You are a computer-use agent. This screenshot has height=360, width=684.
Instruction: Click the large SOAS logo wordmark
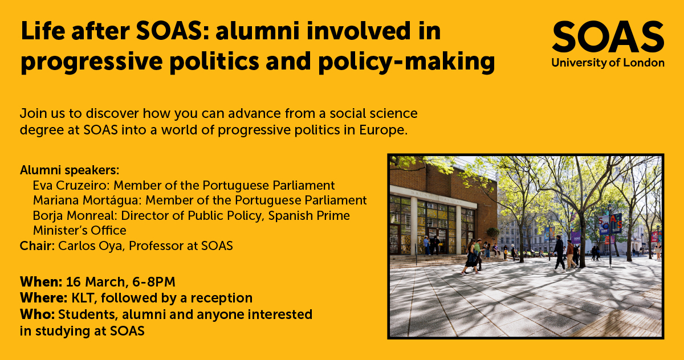(x=608, y=37)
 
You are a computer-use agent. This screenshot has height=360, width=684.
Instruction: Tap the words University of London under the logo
(x=608, y=63)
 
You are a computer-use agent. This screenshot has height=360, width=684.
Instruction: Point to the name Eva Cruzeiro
(x=68, y=186)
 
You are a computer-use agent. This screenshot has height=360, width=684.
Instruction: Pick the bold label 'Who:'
(x=37, y=313)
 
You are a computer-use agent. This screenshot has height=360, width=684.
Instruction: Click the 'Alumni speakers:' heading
(x=70, y=170)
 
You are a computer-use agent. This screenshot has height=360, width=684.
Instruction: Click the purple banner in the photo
(x=576, y=237)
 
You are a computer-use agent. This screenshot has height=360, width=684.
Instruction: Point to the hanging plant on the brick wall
(x=492, y=234)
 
